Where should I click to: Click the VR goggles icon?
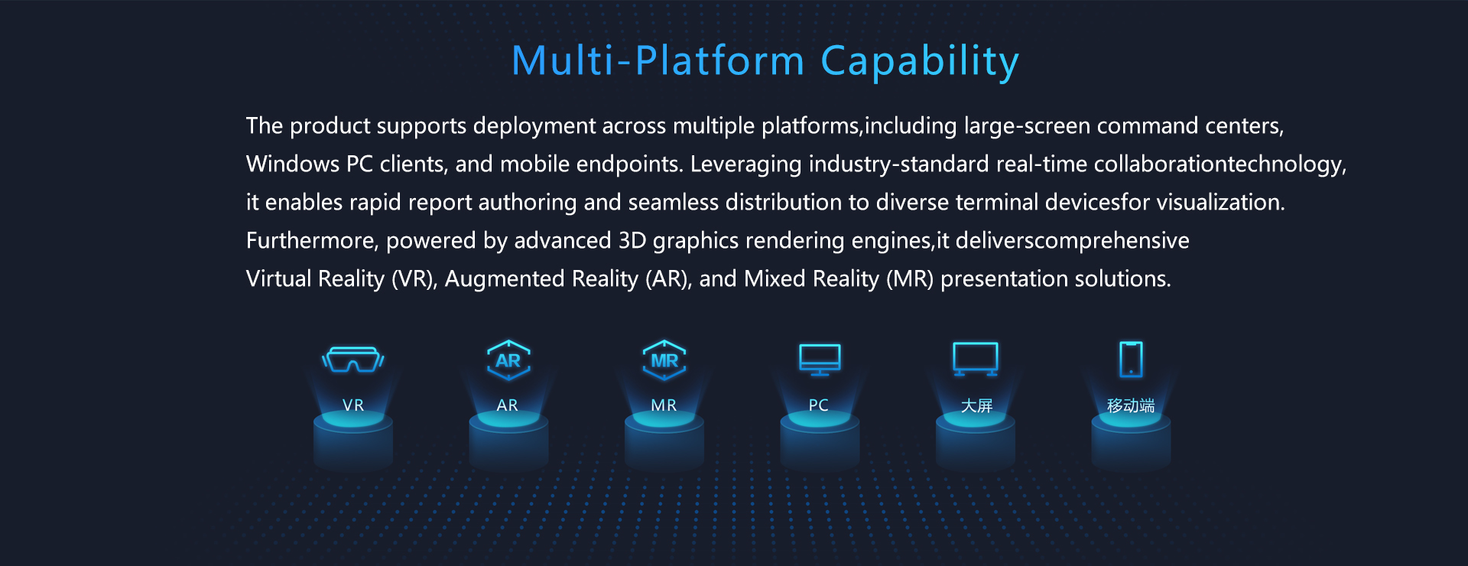pyautogui.click(x=352, y=359)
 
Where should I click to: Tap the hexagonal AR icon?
pyautogui.click(x=508, y=360)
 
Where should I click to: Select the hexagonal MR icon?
pyautogui.click(x=664, y=360)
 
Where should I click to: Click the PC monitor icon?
pyautogui.click(x=820, y=359)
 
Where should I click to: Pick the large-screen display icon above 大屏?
pyautogui.click(x=976, y=359)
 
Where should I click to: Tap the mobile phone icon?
pyautogui.click(x=1131, y=359)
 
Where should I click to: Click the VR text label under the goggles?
pyautogui.click(x=353, y=405)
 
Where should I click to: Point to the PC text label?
pyautogui.click(x=819, y=405)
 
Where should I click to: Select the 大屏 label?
pyautogui.click(x=976, y=405)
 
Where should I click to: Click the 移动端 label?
pyautogui.click(x=1131, y=405)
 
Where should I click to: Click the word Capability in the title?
pyautogui.click(x=920, y=62)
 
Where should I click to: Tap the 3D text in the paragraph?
pyautogui.click(x=632, y=240)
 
